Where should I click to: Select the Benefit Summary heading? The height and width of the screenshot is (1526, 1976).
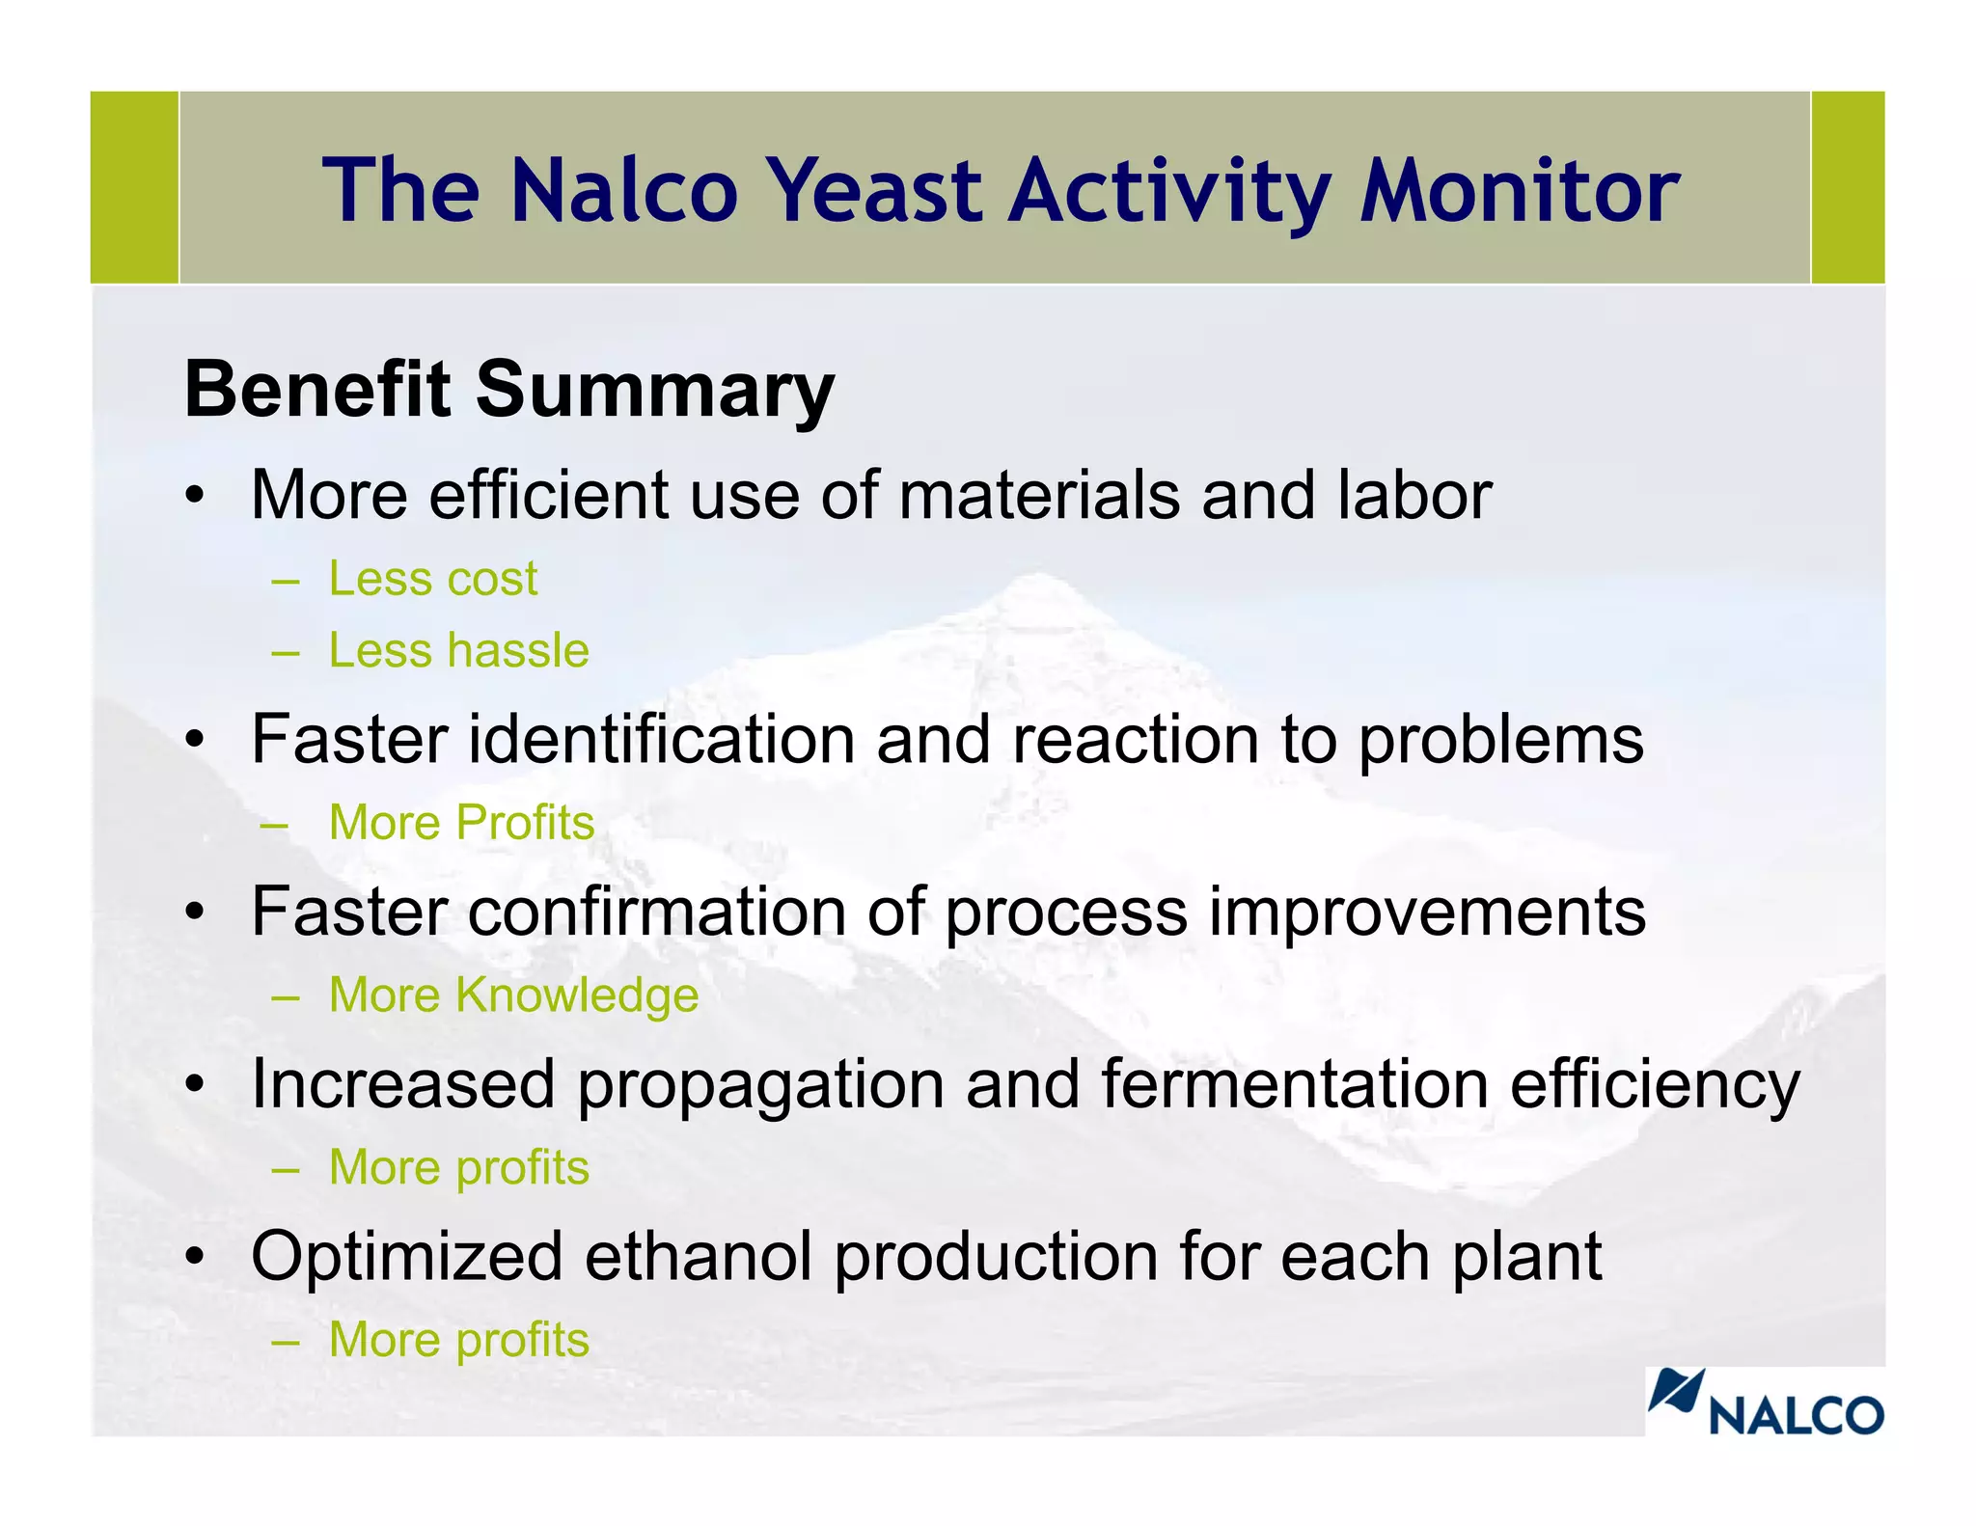(x=509, y=389)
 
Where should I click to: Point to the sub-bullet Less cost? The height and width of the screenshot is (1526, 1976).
(x=433, y=579)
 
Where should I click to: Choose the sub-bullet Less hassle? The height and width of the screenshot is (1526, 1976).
(x=458, y=650)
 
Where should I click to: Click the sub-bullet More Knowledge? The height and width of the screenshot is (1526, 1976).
(x=513, y=995)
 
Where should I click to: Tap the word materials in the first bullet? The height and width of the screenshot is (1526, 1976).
(x=1039, y=495)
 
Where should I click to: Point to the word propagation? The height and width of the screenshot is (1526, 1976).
(x=760, y=1085)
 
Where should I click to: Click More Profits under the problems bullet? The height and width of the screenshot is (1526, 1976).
(x=461, y=823)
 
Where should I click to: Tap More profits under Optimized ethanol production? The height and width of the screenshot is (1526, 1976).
(x=458, y=1340)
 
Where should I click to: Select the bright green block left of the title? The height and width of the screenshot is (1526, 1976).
(x=134, y=187)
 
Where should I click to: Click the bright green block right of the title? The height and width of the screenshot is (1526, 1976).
(x=1848, y=187)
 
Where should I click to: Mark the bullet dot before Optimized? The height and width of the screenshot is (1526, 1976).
(x=196, y=1258)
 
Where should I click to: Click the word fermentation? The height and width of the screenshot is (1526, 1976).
(x=1295, y=1085)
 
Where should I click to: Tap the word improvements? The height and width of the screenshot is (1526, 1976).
(x=1427, y=912)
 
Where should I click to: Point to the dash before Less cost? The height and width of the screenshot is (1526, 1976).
(x=286, y=581)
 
